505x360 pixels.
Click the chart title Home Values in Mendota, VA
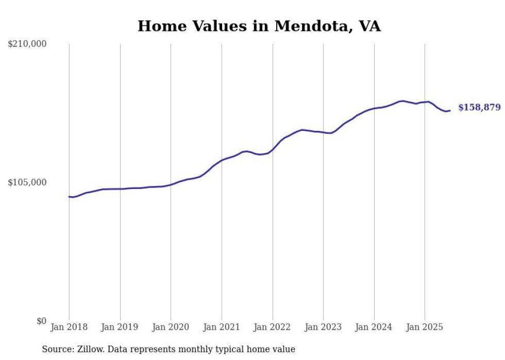tap(259, 26)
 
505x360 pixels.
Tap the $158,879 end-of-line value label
tap(479, 108)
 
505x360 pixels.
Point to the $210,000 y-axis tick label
tap(27, 44)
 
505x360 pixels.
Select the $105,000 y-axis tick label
tap(27, 182)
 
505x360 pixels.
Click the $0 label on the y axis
tap(41, 321)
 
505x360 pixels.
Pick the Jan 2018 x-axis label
tap(69, 327)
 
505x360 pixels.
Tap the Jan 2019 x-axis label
tap(120, 327)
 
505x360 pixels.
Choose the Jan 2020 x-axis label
tap(171, 327)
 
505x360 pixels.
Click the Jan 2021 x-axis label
tap(222, 327)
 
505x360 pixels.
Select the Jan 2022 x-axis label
tap(273, 327)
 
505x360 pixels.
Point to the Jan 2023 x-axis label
tap(323, 327)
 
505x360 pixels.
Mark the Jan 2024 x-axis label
tap(374, 327)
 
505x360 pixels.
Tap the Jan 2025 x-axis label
tap(425, 327)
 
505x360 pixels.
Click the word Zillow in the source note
tap(91, 349)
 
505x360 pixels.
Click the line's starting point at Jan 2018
tap(69, 197)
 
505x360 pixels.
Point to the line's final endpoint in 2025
tap(450, 110)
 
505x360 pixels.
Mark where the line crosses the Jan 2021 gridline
tap(222, 160)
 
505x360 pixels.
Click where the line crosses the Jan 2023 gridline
tap(323, 132)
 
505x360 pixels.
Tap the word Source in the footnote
tap(57, 349)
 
